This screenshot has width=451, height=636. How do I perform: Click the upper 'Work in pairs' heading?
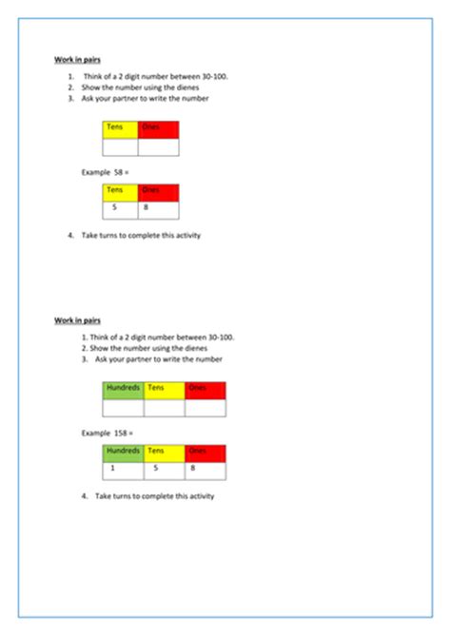click(74, 59)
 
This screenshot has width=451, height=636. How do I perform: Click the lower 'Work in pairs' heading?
click(74, 320)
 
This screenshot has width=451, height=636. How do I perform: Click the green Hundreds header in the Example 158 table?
click(123, 452)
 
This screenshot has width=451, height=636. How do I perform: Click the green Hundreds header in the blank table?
click(123, 389)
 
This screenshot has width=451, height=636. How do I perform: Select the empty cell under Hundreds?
click(123, 407)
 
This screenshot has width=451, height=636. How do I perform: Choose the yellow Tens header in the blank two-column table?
click(121, 128)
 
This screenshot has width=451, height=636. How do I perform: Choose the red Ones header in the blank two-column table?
click(158, 128)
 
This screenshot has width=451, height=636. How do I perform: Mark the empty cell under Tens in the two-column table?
click(121, 146)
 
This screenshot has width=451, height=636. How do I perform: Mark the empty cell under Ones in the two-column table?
click(158, 146)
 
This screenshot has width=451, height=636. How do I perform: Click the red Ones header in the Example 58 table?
click(158, 191)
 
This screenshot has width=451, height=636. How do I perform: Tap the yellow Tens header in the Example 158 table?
click(165, 452)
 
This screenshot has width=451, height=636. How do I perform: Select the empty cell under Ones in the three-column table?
click(206, 407)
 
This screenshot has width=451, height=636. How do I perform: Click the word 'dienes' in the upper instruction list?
click(166, 87)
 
